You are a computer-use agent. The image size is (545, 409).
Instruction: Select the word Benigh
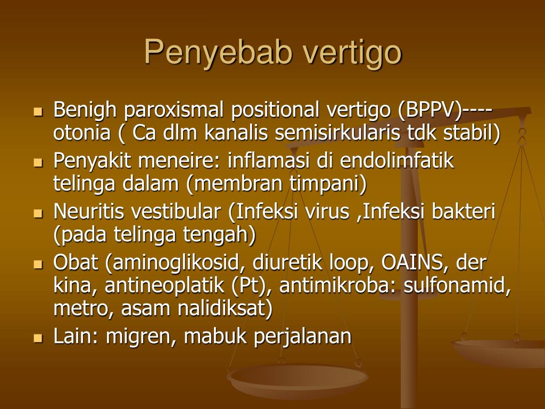click(85, 110)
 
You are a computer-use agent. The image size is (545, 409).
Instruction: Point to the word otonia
click(82, 133)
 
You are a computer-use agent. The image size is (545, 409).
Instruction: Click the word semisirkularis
click(337, 133)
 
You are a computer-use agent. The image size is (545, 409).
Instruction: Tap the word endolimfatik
click(397, 161)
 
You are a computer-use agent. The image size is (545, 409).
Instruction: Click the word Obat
click(76, 263)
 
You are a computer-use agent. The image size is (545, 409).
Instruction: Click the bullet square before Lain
click(38, 338)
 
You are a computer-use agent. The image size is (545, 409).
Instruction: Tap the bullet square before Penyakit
click(38, 162)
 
